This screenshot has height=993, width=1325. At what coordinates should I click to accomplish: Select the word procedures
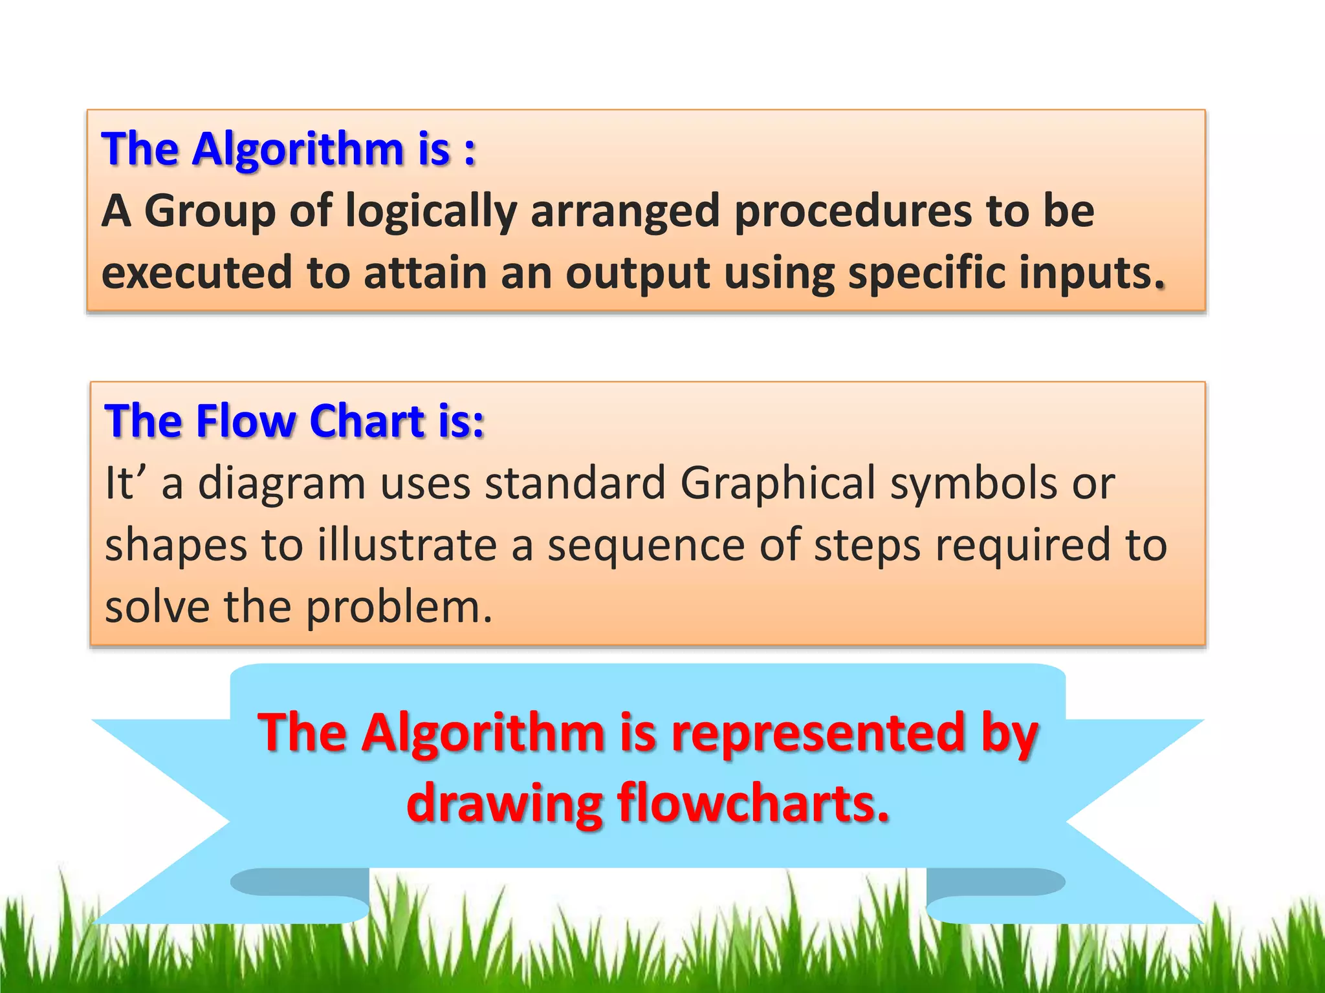point(852,211)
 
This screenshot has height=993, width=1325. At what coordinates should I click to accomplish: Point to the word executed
point(197,272)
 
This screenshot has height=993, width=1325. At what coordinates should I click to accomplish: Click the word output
point(637,273)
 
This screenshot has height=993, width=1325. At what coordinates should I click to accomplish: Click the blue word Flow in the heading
point(245,421)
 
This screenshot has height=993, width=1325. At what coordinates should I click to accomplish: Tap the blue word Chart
point(366,421)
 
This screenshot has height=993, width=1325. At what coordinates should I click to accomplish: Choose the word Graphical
point(778,484)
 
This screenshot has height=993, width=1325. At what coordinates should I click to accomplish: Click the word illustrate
point(407,544)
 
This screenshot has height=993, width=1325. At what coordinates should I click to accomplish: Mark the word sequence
point(646,546)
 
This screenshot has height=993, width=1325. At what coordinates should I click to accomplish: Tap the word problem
point(398,608)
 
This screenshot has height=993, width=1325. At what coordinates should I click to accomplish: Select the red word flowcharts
point(752,803)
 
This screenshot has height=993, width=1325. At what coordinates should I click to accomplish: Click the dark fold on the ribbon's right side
point(996,882)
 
